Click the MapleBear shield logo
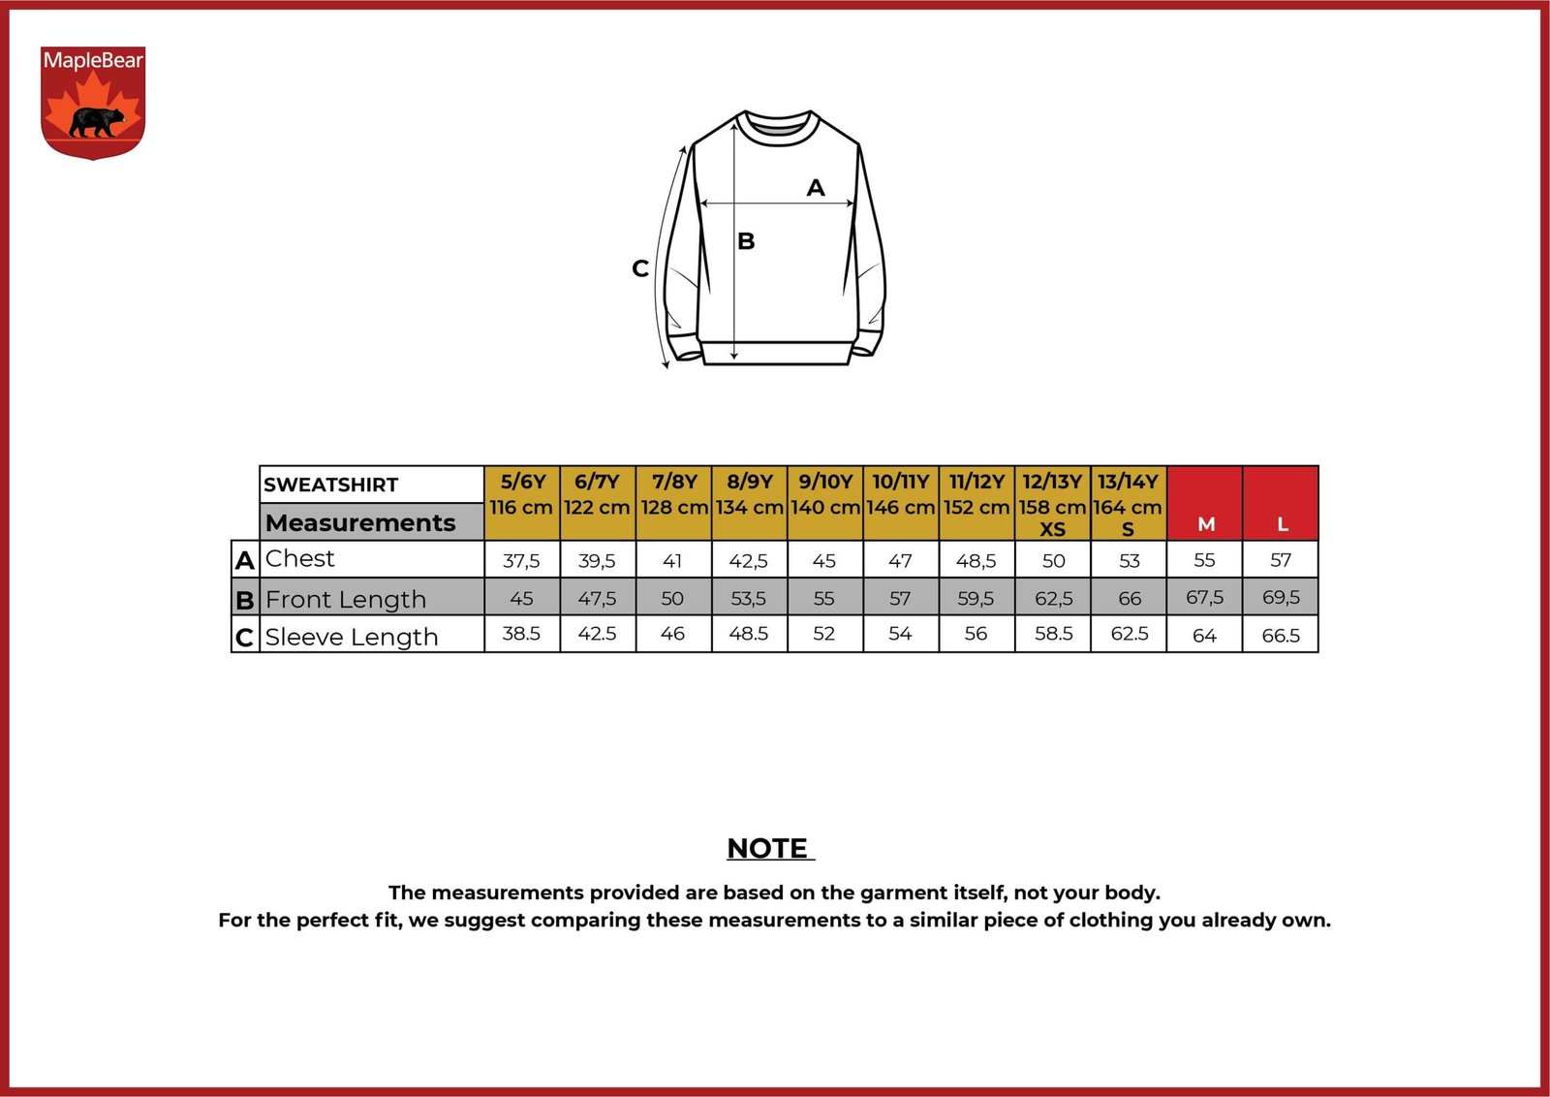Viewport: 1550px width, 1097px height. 93,102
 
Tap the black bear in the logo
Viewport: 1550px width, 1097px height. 98,122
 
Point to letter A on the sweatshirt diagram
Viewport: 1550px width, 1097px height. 816,187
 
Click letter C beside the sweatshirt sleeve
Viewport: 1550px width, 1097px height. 640,268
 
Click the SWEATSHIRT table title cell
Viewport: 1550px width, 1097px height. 372,485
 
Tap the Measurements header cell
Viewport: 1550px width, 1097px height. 372,522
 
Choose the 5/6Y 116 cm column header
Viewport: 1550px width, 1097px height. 522,503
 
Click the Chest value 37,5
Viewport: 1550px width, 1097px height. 521,560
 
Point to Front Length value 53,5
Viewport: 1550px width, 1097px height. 749,598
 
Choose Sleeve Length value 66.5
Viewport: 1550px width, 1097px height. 1281,636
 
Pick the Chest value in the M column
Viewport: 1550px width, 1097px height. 1204,560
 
